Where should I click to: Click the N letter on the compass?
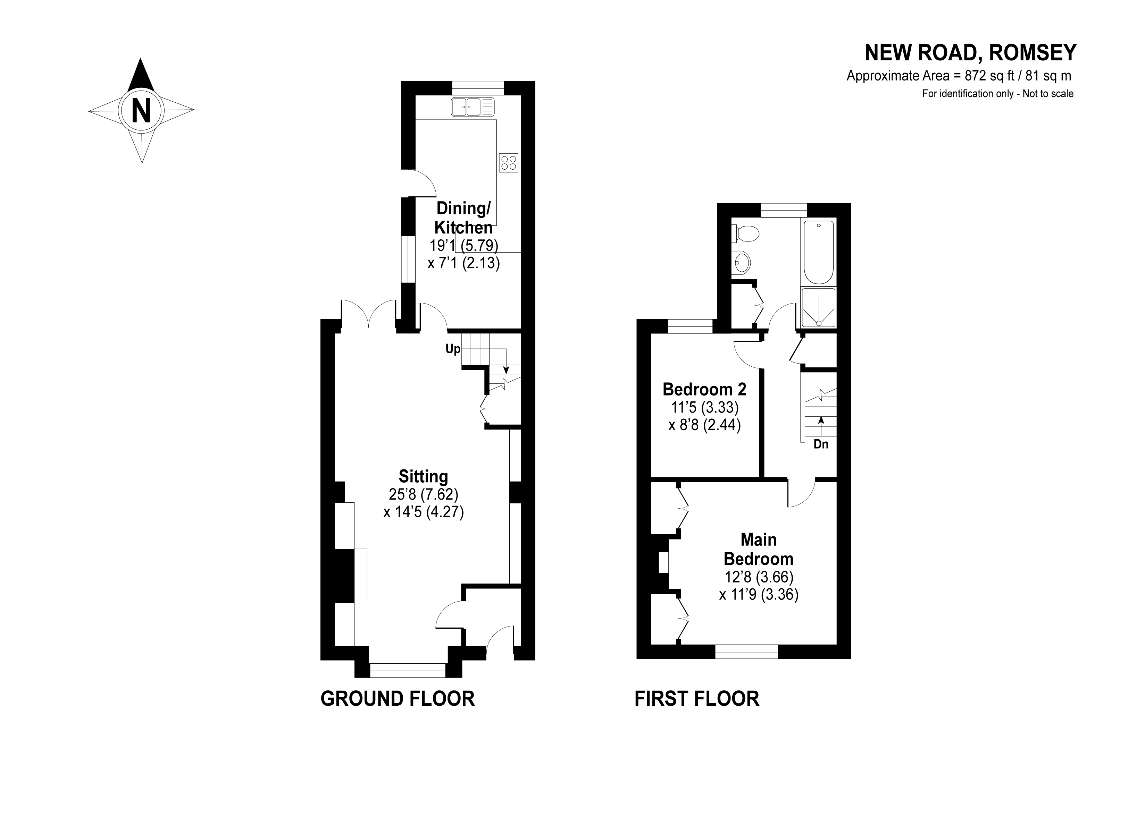141,110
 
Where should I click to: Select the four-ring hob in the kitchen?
508,162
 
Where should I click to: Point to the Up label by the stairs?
452,349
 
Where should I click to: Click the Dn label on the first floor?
821,444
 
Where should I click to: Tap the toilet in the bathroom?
746,233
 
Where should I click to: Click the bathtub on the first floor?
818,252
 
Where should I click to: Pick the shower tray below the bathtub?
818,307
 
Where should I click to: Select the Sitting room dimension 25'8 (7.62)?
423,493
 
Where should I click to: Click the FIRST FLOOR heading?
697,699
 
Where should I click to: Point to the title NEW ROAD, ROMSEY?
970,52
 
